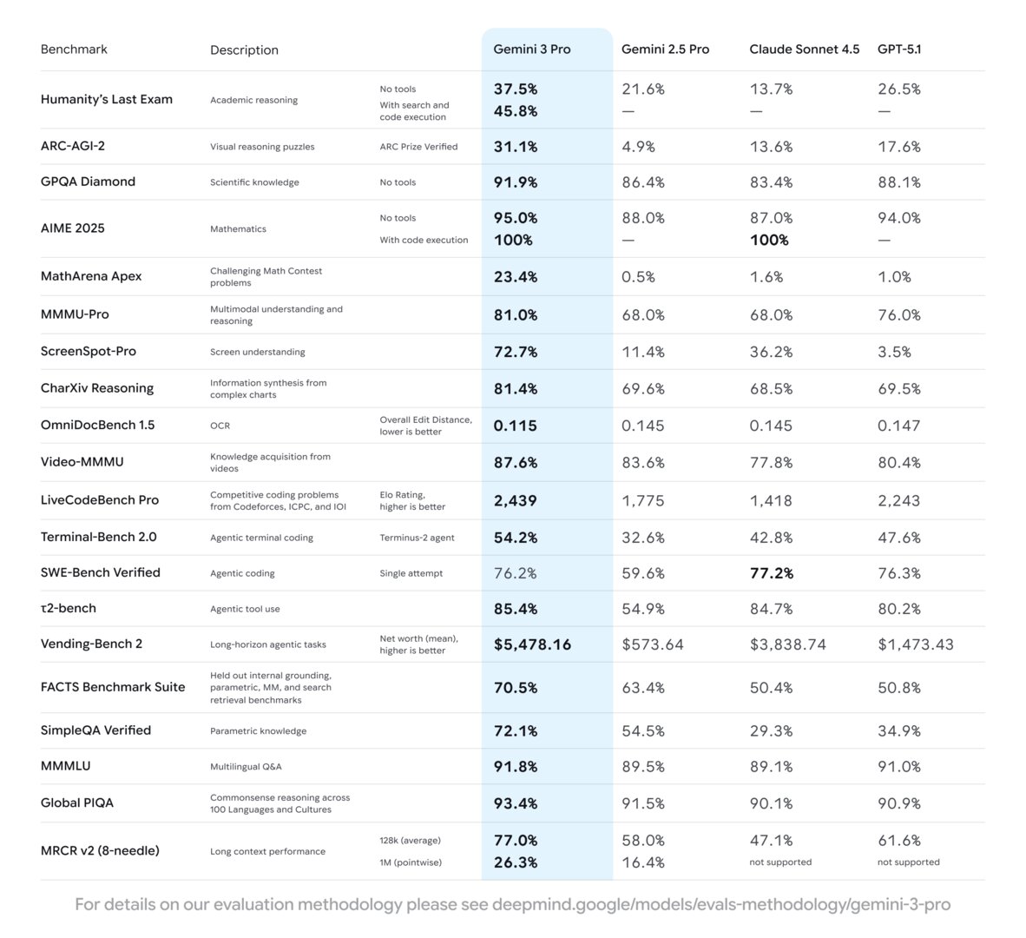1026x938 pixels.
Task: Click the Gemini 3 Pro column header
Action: tap(531, 50)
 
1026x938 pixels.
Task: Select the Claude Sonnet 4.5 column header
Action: tap(804, 50)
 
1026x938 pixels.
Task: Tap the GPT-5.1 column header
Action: tap(899, 50)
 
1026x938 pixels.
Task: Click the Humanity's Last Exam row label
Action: tap(106, 99)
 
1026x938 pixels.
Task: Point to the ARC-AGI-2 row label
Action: tap(72, 146)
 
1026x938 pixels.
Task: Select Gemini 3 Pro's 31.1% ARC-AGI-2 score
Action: tap(515, 147)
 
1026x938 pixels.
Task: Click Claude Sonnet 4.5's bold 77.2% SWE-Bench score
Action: tap(771, 573)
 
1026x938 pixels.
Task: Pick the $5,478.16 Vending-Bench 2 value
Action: tap(532, 644)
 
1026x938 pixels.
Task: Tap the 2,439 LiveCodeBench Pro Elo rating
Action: tap(515, 500)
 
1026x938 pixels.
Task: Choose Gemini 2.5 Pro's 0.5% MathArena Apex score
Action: tap(638, 277)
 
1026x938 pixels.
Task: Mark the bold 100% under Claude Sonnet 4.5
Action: tap(769, 240)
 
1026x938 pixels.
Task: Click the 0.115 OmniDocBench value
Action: tap(515, 426)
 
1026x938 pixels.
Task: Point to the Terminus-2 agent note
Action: tap(417, 538)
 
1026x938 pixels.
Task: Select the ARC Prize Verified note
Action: tap(418, 147)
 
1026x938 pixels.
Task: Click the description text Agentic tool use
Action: tap(245, 609)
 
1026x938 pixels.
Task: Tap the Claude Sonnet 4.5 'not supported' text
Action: tap(780, 862)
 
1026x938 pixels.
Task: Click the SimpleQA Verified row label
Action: tap(95, 730)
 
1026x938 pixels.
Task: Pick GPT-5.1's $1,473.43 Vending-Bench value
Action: tap(915, 644)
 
